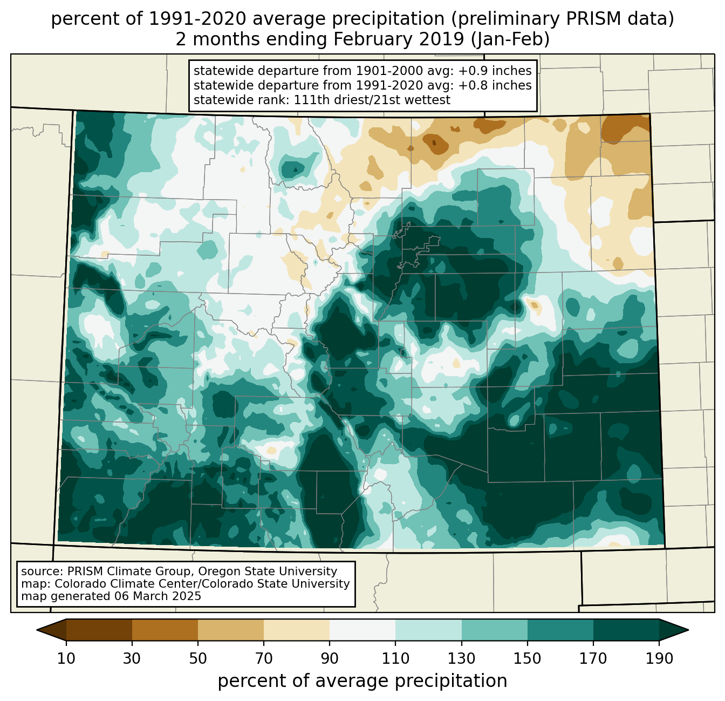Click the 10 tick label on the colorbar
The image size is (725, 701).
point(66,659)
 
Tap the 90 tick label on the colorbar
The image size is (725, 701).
point(330,659)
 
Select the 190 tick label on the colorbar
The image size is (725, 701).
point(659,659)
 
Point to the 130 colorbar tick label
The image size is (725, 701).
point(461,659)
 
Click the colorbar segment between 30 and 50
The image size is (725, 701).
point(165,630)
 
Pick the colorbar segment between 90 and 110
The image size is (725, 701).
point(362,630)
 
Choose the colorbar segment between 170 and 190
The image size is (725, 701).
point(626,630)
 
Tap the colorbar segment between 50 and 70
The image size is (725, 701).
point(231,630)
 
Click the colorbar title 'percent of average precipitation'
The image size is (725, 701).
point(362,681)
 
